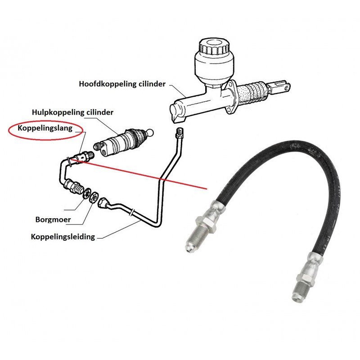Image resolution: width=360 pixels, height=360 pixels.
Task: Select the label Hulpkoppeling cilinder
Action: [x=72, y=112]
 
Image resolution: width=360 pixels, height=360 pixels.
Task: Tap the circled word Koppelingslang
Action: [x=45, y=128]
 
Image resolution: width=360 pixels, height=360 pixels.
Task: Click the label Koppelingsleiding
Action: [x=63, y=236]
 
